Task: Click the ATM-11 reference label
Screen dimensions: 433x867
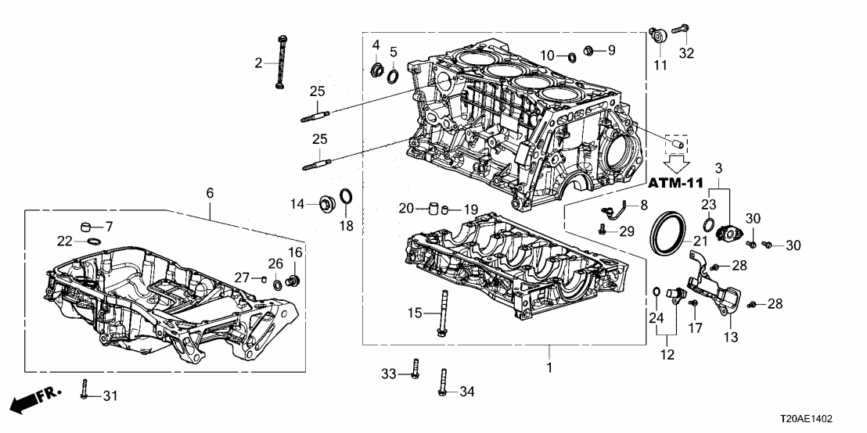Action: point(678,182)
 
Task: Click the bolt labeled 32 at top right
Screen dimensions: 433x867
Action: point(681,30)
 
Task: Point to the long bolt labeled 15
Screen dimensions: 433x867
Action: point(443,313)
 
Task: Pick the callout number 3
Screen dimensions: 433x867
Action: point(718,168)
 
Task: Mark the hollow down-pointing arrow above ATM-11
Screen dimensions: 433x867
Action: point(678,162)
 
